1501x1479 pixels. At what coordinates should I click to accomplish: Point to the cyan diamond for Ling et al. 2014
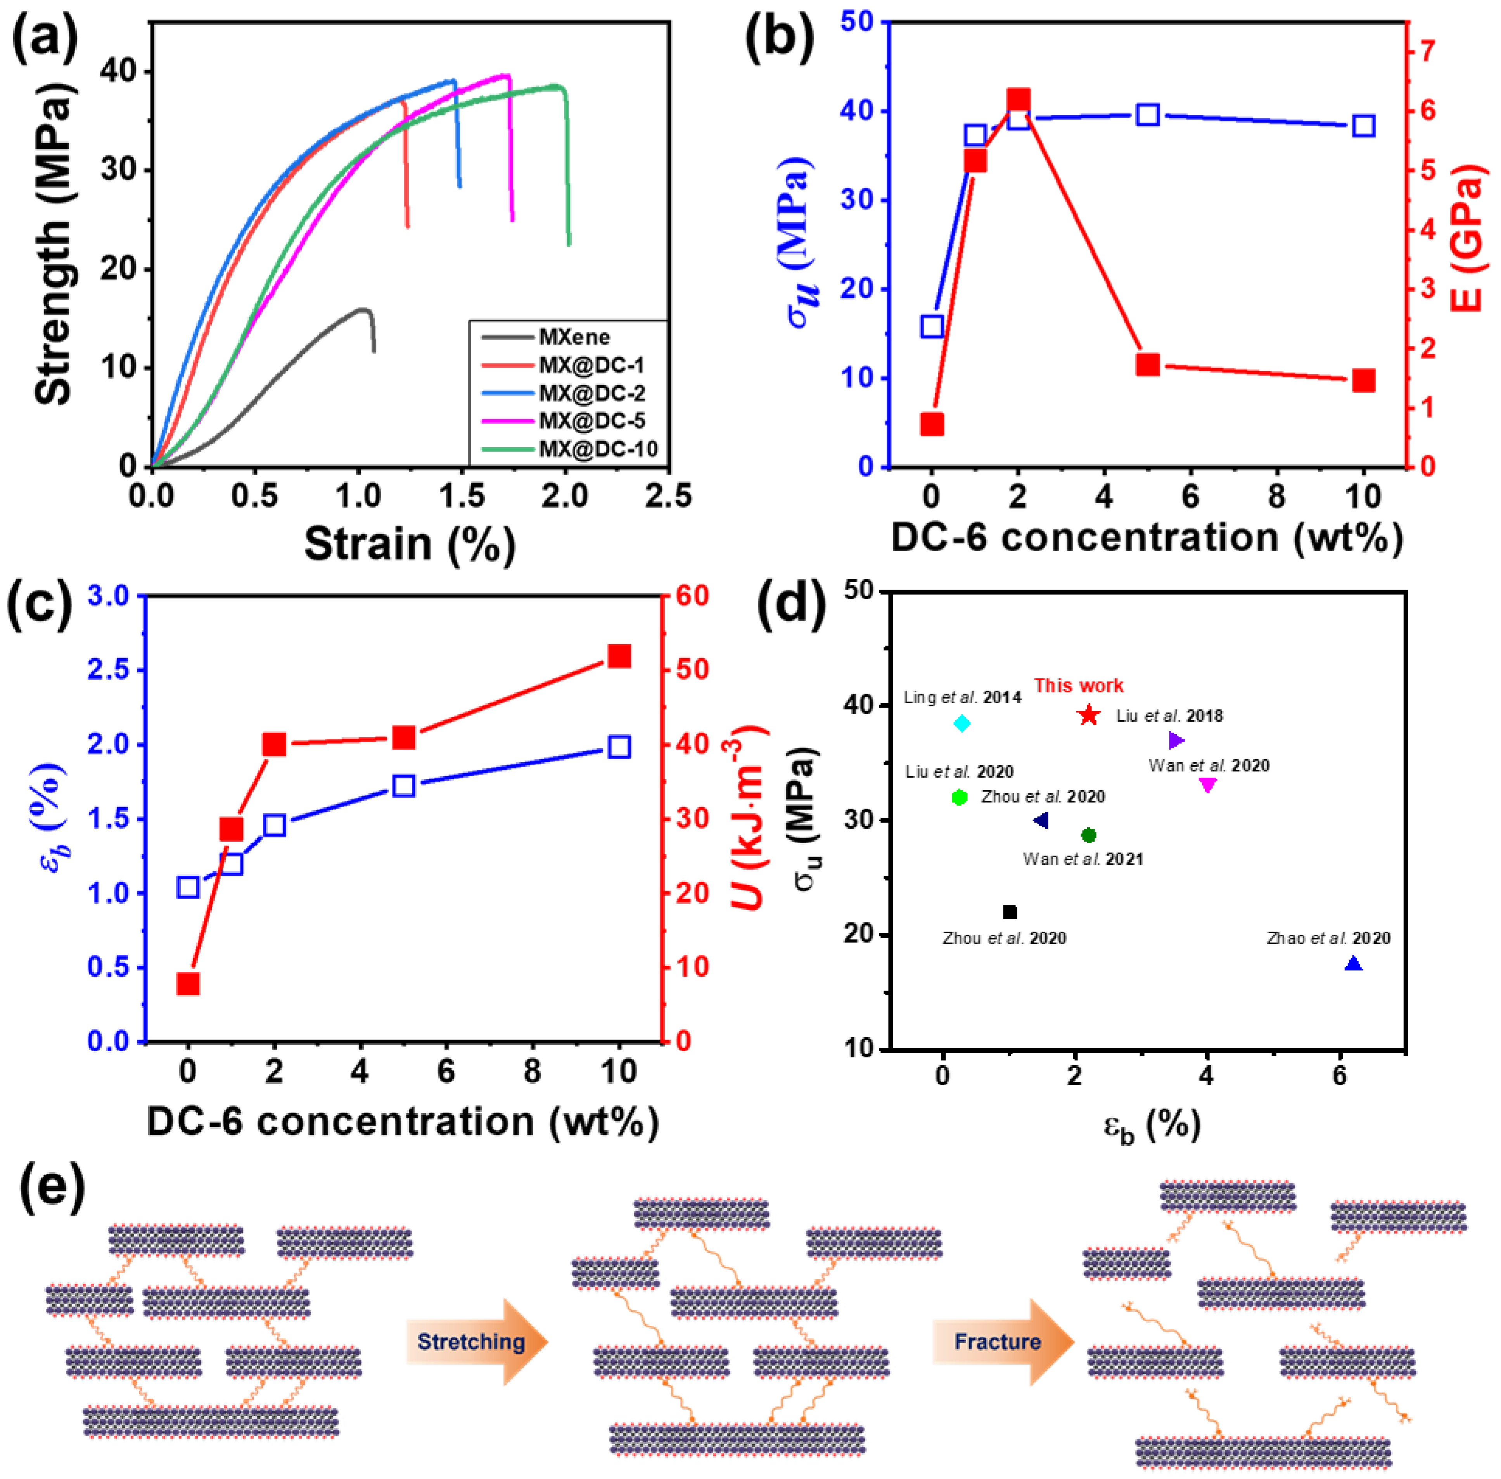[962, 723]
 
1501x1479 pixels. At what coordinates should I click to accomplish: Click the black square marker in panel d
[1010, 912]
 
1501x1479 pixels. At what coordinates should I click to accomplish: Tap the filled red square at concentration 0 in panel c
[188, 984]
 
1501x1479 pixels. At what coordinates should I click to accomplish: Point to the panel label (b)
[779, 40]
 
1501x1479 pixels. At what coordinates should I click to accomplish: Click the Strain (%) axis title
[410, 544]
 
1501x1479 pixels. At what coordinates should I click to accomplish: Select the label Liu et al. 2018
[1169, 715]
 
